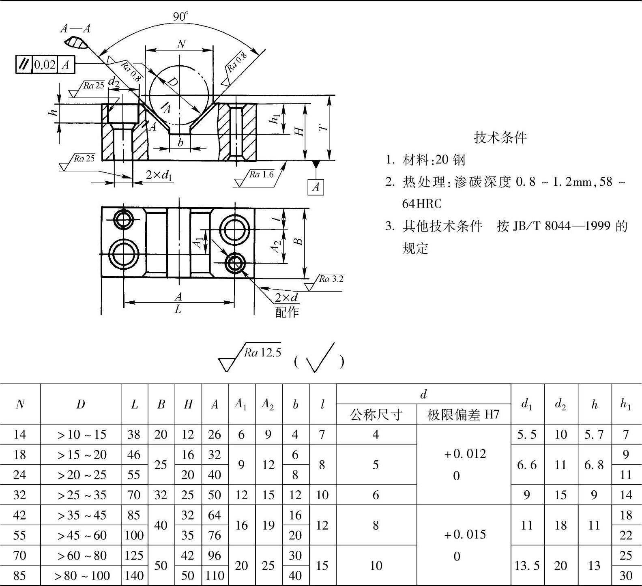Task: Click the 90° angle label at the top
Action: coord(181,16)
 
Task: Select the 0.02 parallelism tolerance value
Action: coord(45,65)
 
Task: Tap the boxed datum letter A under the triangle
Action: coord(316,187)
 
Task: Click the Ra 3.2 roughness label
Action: coord(331,279)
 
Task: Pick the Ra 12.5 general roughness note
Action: coord(262,353)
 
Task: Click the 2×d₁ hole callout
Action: coord(159,175)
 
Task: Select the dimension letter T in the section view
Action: coord(323,128)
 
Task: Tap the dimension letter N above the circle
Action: coord(181,44)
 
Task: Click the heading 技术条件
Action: coord(500,138)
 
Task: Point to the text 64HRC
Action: coord(422,204)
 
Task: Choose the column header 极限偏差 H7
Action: coord(463,414)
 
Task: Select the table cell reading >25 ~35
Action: coord(81,495)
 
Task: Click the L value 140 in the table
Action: coord(134,575)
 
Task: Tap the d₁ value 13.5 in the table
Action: coord(527,566)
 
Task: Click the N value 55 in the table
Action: coord(19,535)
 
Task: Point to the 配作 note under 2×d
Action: coord(287,312)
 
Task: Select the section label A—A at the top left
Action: coord(75,28)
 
